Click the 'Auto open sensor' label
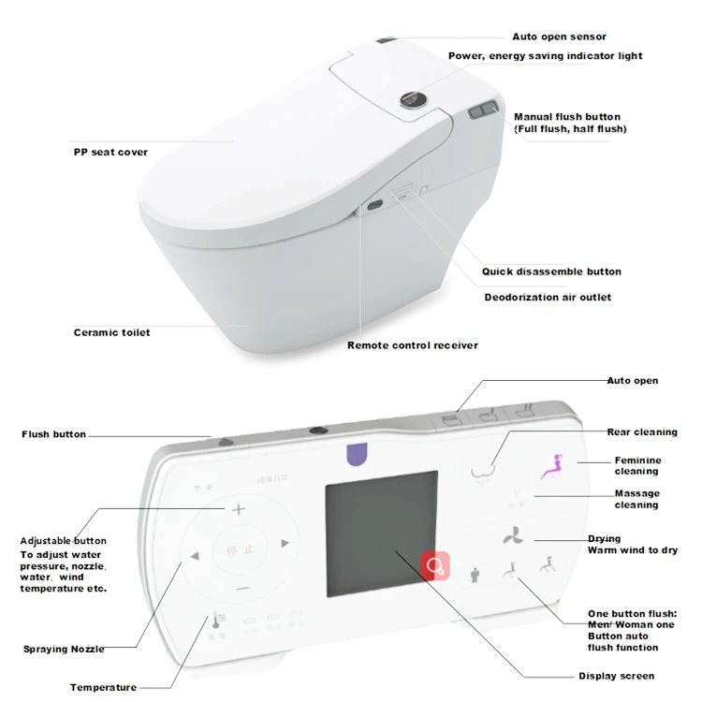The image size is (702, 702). tap(559, 37)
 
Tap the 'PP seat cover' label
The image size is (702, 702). tap(110, 153)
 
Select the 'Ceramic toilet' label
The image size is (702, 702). tap(111, 332)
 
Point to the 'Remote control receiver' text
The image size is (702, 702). tap(412, 345)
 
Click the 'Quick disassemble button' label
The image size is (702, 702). tap(551, 272)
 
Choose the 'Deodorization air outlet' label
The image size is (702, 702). tap(548, 298)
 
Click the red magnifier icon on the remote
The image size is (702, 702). tap(434, 565)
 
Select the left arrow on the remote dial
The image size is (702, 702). tap(195, 556)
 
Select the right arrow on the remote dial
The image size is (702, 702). tap(285, 542)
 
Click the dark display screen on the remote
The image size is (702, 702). tap(380, 529)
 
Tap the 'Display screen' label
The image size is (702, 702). tap(616, 676)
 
